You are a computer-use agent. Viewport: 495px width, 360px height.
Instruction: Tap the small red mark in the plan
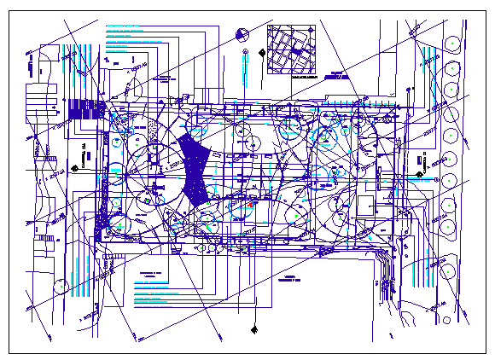coord(248,205)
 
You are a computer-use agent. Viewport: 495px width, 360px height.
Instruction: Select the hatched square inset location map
coord(291,49)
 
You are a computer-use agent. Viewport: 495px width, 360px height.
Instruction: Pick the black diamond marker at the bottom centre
coord(254,328)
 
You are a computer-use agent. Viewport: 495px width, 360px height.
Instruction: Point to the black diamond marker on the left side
coord(75,167)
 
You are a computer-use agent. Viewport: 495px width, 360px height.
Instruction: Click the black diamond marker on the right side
coord(419,175)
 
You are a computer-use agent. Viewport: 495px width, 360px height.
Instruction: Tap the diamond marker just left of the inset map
coord(257,54)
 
